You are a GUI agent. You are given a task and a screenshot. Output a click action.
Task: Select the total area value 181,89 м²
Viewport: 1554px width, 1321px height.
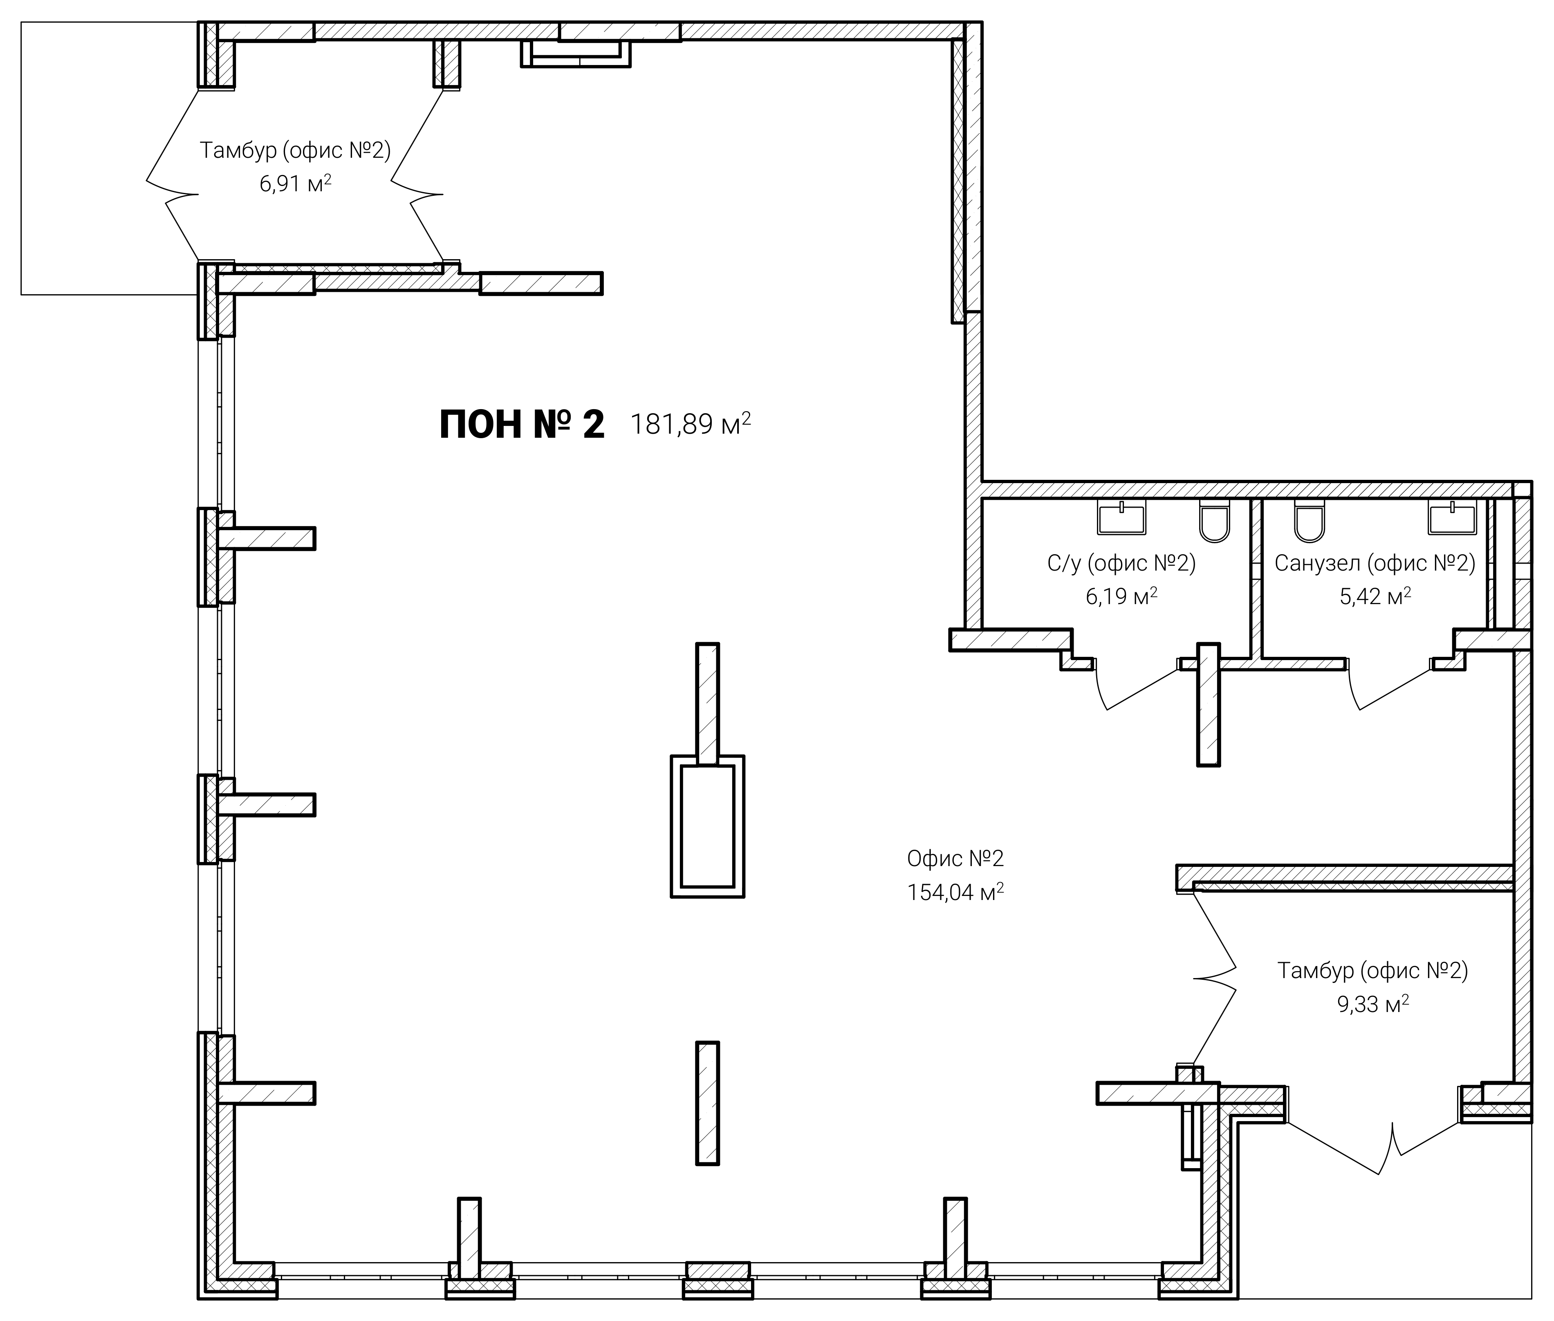691,424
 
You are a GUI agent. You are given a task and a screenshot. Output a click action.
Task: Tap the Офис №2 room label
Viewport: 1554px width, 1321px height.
955,859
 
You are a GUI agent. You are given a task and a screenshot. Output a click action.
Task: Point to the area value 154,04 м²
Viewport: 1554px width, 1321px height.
955,892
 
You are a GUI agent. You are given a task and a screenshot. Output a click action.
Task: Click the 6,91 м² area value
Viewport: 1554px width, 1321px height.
295,184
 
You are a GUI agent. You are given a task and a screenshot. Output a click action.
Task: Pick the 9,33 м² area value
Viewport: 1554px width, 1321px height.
1373,1003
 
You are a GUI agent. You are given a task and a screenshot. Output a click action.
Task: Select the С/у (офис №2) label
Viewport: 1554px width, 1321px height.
1121,563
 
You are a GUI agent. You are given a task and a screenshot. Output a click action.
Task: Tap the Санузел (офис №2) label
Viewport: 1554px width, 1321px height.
1375,563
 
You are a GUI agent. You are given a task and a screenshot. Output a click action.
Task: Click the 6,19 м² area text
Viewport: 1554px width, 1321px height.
1121,596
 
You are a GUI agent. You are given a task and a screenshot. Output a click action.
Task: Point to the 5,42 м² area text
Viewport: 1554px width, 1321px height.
1375,596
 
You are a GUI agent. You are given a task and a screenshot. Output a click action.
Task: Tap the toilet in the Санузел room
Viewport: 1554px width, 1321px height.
1309,520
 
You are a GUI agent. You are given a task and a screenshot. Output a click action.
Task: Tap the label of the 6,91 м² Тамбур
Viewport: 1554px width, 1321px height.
295,150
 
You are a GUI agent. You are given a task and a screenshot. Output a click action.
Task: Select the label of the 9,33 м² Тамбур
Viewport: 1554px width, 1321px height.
1373,971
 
